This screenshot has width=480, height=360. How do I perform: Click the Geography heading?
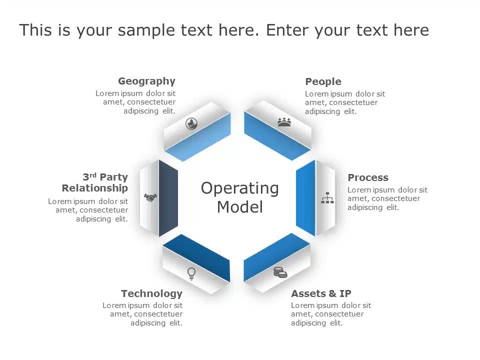(x=146, y=81)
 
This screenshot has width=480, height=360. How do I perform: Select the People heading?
(x=323, y=82)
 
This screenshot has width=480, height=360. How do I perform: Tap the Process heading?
(x=367, y=178)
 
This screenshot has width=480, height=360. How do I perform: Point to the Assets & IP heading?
(x=321, y=293)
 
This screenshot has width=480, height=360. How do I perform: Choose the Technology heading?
(x=151, y=293)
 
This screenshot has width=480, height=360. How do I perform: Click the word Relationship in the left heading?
(x=95, y=188)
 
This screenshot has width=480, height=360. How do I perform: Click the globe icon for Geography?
(x=191, y=123)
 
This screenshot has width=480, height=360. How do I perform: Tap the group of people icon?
(x=284, y=122)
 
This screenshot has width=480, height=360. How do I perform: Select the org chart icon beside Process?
(x=327, y=198)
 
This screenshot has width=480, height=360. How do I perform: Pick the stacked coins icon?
(x=280, y=272)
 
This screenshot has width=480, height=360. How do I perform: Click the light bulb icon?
(x=191, y=273)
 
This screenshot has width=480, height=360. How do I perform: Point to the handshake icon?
(x=150, y=197)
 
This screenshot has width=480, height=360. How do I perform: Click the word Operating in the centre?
(x=239, y=188)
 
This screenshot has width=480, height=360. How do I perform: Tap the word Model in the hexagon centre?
(x=239, y=206)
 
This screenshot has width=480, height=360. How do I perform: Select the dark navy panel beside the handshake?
(x=168, y=198)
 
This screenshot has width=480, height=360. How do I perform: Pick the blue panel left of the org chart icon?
(x=305, y=197)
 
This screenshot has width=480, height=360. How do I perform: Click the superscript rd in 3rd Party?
(x=93, y=175)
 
